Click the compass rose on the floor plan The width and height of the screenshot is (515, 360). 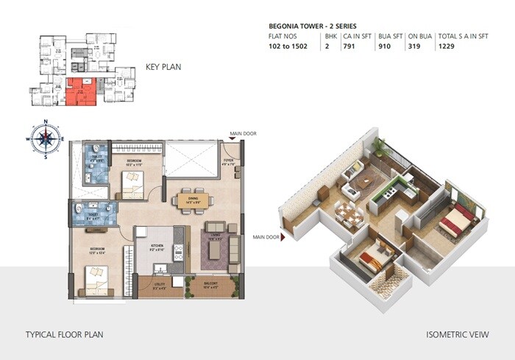45,138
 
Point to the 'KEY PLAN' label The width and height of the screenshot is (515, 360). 163,67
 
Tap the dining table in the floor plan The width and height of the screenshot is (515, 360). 193,200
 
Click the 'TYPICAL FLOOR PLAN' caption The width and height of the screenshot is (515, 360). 65,334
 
